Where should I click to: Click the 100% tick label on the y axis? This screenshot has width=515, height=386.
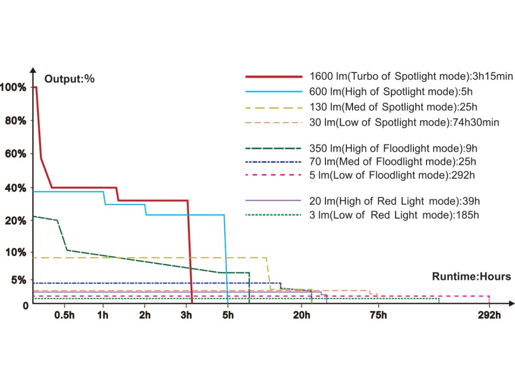coord(13,87)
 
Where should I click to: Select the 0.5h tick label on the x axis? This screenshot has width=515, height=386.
coord(64,315)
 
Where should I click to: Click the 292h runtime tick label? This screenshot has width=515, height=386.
coord(489,315)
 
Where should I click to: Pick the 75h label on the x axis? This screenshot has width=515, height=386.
coord(378,315)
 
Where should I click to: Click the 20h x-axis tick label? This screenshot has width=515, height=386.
coord(302,315)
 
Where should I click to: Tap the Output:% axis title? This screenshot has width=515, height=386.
coord(69,78)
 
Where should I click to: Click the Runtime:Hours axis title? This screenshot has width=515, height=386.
coord(471,276)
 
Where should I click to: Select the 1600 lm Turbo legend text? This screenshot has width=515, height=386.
coord(411,77)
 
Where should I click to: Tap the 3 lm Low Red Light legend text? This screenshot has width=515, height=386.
coord(394,215)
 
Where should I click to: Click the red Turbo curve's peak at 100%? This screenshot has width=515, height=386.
coord(35,87)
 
